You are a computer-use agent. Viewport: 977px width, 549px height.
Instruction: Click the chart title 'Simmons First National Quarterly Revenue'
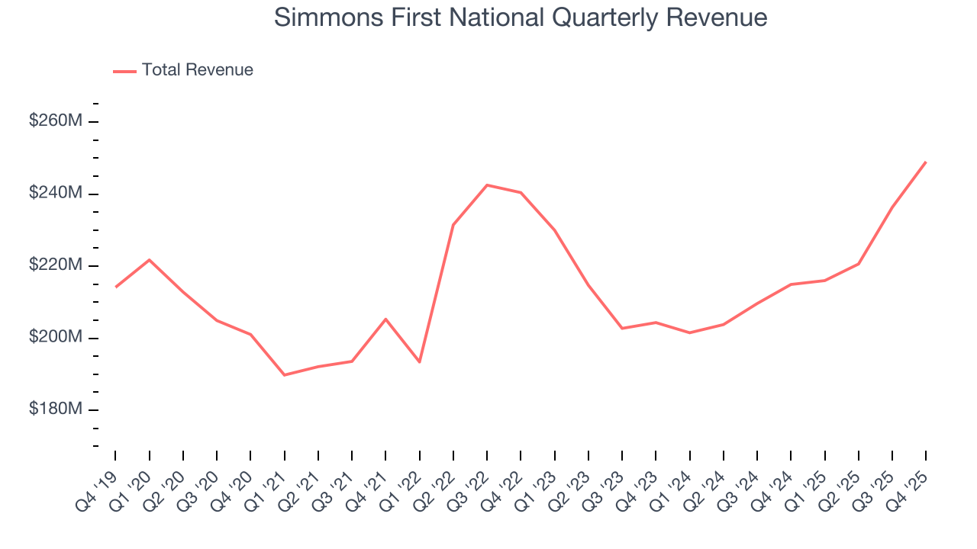tap(520, 18)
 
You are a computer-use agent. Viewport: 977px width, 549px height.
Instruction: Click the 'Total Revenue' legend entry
tap(197, 70)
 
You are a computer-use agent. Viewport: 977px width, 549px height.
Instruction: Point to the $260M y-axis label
tap(56, 120)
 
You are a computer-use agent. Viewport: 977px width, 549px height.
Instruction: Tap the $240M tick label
tap(56, 193)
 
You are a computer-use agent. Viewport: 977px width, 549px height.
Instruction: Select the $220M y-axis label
tap(56, 265)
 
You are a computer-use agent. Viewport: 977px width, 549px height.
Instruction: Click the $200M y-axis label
tap(56, 337)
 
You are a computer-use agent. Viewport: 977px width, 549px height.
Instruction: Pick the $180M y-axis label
tap(56, 409)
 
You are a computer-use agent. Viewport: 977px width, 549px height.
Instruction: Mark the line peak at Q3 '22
tap(487, 185)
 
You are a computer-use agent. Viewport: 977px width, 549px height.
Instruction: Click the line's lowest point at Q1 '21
tap(285, 375)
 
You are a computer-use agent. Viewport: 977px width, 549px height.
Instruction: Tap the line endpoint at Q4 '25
tap(926, 162)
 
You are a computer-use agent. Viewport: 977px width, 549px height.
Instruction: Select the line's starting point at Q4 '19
tap(116, 287)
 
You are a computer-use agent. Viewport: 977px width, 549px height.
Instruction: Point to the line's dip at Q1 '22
tap(420, 361)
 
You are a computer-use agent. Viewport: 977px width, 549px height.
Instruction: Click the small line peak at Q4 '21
tap(385, 319)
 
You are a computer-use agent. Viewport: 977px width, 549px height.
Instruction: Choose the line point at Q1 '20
tap(150, 260)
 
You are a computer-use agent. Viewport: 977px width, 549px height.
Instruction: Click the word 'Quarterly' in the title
tap(590, 18)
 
